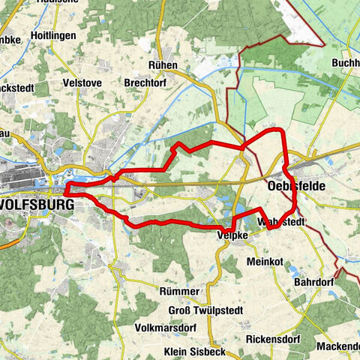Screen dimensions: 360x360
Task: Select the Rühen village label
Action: tap(163, 65)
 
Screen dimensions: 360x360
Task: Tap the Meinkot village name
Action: tap(265, 262)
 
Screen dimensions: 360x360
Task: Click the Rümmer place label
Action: tap(179, 290)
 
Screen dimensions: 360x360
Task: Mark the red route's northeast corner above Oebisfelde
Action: tap(282, 132)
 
